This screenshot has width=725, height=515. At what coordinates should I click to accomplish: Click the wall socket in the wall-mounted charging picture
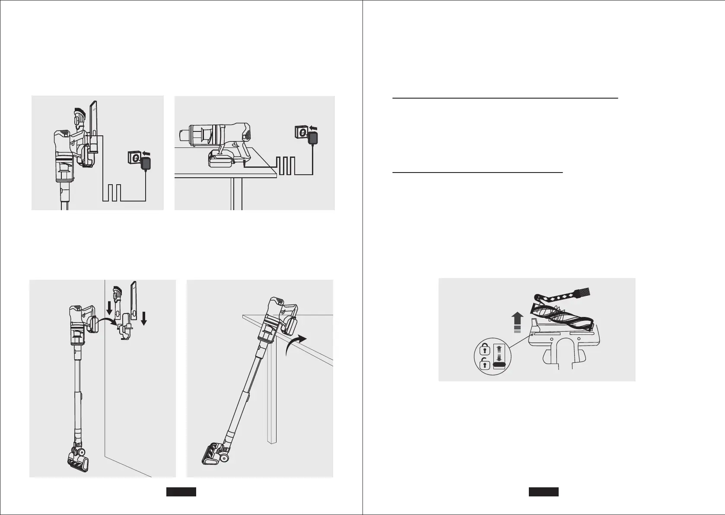click(x=134, y=157)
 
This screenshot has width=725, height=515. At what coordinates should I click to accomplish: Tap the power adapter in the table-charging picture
click(x=313, y=139)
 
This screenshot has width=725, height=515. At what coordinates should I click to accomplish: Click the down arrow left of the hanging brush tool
click(x=109, y=307)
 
